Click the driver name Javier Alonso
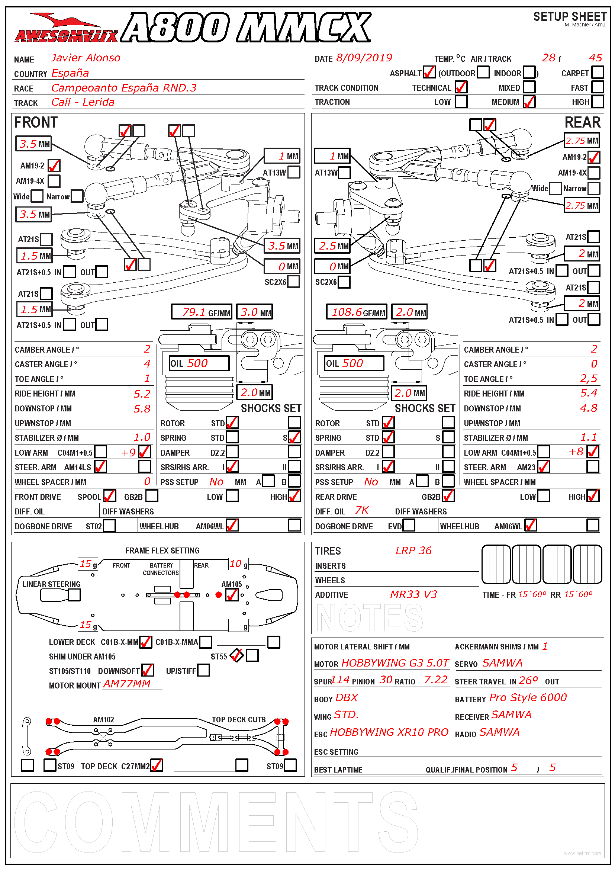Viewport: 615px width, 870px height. (x=86, y=58)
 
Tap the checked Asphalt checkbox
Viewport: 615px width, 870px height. (x=429, y=72)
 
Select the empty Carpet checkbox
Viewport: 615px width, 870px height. (x=597, y=72)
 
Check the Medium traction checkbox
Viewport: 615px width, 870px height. (x=529, y=102)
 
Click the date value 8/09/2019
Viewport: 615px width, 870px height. (x=364, y=58)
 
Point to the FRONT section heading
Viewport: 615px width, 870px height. (x=36, y=123)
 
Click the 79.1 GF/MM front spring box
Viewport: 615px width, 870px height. (x=202, y=312)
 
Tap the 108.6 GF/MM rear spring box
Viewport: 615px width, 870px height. (x=356, y=312)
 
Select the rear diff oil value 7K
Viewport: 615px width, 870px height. (x=361, y=510)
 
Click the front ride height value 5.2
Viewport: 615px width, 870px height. (x=142, y=394)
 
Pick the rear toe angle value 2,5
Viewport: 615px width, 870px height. (x=589, y=379)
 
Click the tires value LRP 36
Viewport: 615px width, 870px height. (x=413, y=550)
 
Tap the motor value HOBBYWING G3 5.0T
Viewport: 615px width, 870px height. (x=395, y=663)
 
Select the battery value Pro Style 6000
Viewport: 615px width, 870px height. (x=528, y=697)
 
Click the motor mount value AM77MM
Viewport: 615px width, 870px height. (x=127, y=684)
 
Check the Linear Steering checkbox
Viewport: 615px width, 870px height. (x=74, y=595)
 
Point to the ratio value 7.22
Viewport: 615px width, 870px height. (x=435, y=680)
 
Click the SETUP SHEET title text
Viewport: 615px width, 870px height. (x=570, y=17)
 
